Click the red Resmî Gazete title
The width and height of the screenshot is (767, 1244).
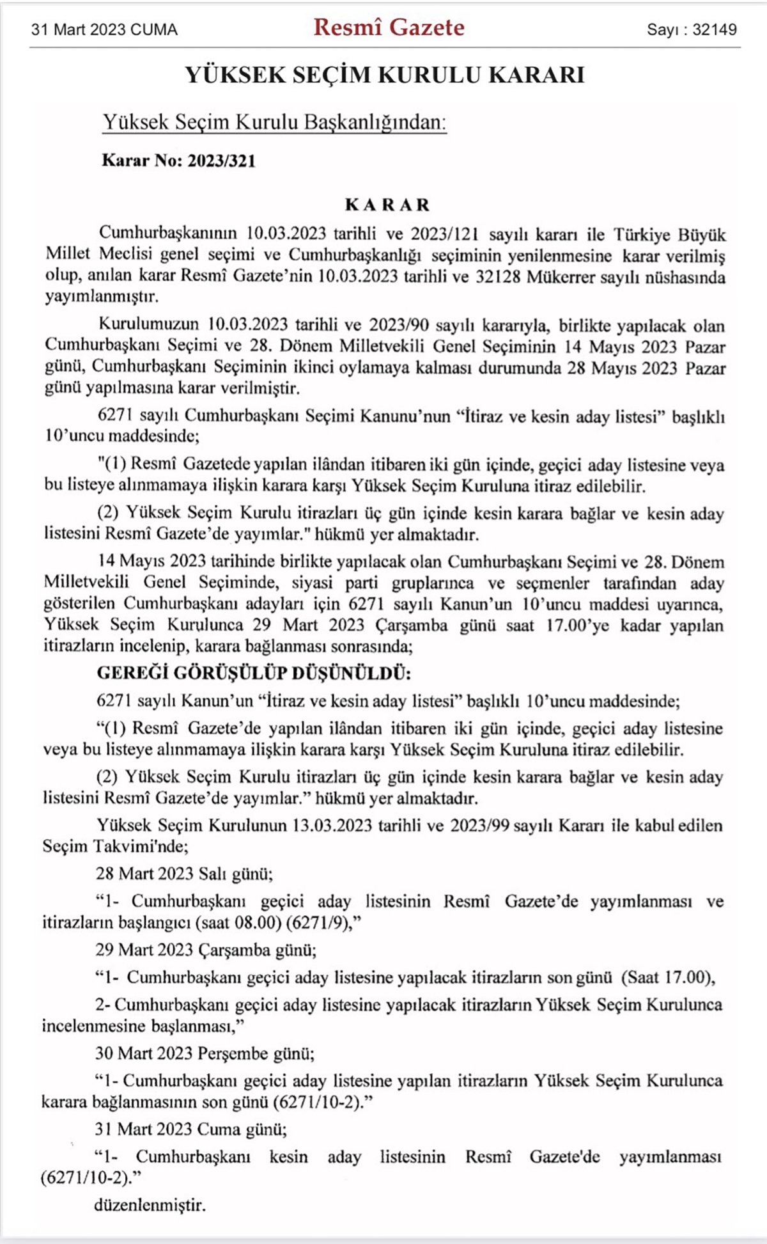click(389, 28)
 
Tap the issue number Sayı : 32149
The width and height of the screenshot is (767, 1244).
click(692, 29)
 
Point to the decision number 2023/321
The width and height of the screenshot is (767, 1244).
click(221, 161)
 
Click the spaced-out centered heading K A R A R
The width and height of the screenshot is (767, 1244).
click(387, 205)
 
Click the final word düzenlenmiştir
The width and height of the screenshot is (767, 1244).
click(150, 1205)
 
